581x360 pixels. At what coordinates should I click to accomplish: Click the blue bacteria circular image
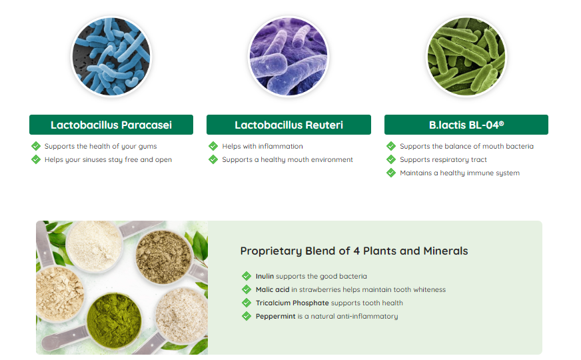[x=111, y=57]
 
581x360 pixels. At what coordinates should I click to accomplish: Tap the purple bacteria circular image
[x=289, y=57]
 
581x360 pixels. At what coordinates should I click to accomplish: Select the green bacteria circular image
[x=466, y=57]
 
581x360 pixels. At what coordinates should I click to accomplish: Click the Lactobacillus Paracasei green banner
[x=111, y=125]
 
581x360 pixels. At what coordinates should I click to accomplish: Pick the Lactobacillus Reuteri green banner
[x=289, y=125]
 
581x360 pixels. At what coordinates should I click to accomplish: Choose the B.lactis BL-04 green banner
[x=466, y=125]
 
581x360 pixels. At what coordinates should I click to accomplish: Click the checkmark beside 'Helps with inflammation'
[x=213, y=146]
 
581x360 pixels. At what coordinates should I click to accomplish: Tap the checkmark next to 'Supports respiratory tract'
[x=391, y=159]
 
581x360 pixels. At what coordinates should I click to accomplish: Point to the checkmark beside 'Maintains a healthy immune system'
[x=391, y=173]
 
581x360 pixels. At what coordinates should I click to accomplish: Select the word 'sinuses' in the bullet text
[x=84, y=160]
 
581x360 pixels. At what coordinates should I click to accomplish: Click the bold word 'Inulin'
[x=265, y=276]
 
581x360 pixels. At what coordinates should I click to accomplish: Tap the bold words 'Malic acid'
[x=273, y=289]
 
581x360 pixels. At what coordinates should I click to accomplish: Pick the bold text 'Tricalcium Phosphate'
[x=292, y=303]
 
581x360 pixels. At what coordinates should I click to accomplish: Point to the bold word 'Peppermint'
[x=276, y=317]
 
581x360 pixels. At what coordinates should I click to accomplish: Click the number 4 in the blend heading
[x=356, y=251]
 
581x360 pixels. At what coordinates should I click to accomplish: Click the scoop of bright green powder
[x=114, y=320]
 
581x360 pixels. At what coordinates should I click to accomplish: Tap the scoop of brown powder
[x=163, y=257]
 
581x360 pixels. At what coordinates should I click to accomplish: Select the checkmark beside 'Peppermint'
[x=247, y=316]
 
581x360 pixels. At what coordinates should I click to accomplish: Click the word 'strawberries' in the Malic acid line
[x=320, y=289]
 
